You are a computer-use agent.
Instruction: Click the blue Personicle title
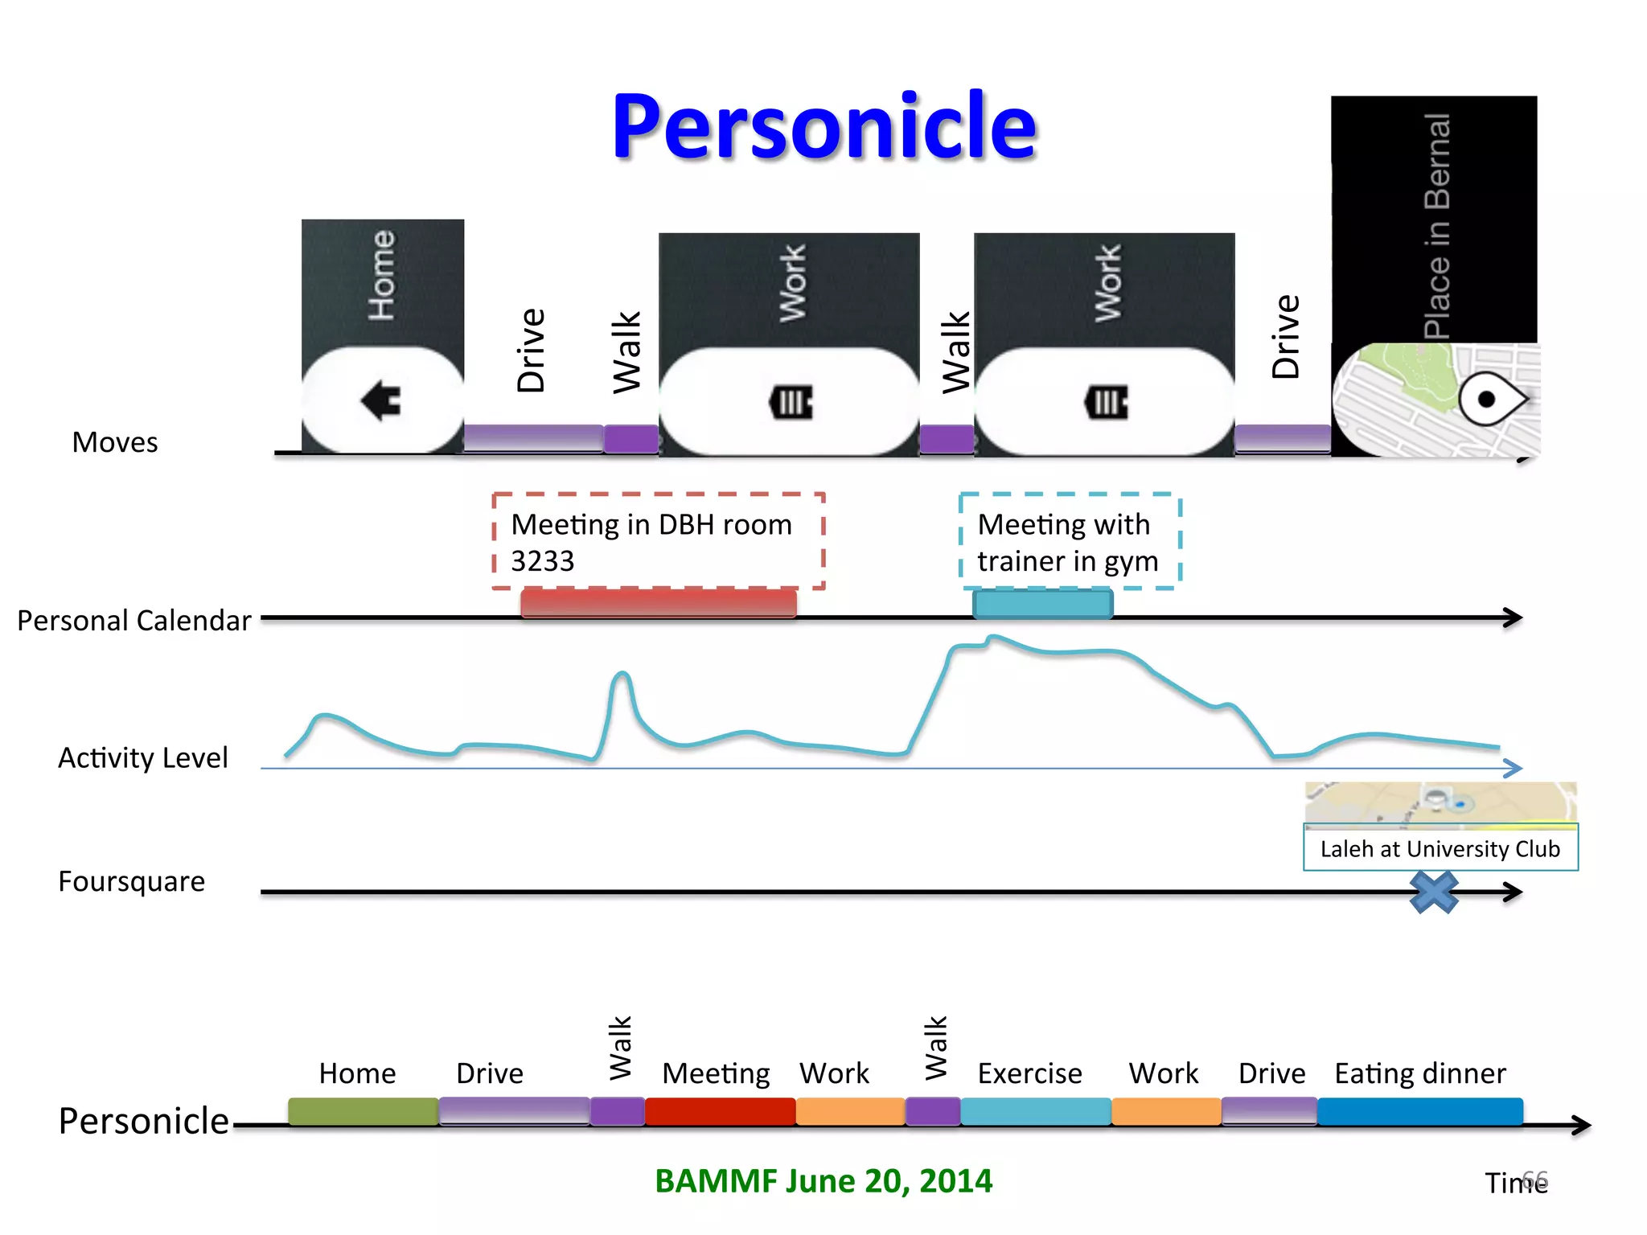pos(824,127)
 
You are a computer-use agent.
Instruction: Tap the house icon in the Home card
pos(381,400)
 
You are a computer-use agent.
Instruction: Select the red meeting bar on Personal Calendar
pos(658,603)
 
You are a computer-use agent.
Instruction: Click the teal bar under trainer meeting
pos(1042,604)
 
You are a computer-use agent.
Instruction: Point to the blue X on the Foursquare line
pos(1434,892)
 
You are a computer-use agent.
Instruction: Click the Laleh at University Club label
pos(1440,848)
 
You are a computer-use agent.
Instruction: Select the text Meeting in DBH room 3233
pos(651,542)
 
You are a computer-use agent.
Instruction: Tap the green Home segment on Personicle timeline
pos(363,1111)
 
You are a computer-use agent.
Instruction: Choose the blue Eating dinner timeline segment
pos(1419,1111)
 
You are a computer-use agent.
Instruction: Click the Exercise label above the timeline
pos(1029,1073)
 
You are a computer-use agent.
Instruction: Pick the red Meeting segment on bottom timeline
pos(720,1111)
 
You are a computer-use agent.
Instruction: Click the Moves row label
pos(115,442)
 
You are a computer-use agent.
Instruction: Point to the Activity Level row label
pos(143,757)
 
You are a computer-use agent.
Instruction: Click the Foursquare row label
pos(132,881)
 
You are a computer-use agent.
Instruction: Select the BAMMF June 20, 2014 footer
pos(823,1181)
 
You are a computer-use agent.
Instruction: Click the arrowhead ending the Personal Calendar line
pos(1513,617)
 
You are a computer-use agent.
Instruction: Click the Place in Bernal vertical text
pos(1437,225)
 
